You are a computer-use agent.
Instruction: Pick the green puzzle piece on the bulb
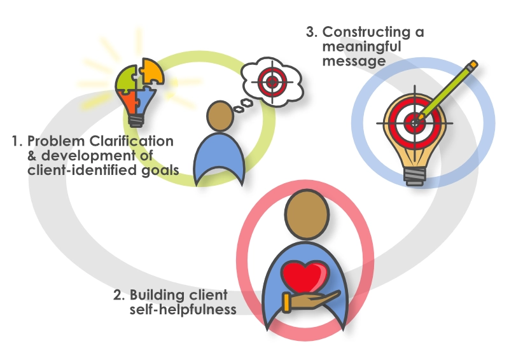click(127, 79)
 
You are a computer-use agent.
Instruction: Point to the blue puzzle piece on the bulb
click(143, 99)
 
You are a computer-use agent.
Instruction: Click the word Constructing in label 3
click(368, 32)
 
